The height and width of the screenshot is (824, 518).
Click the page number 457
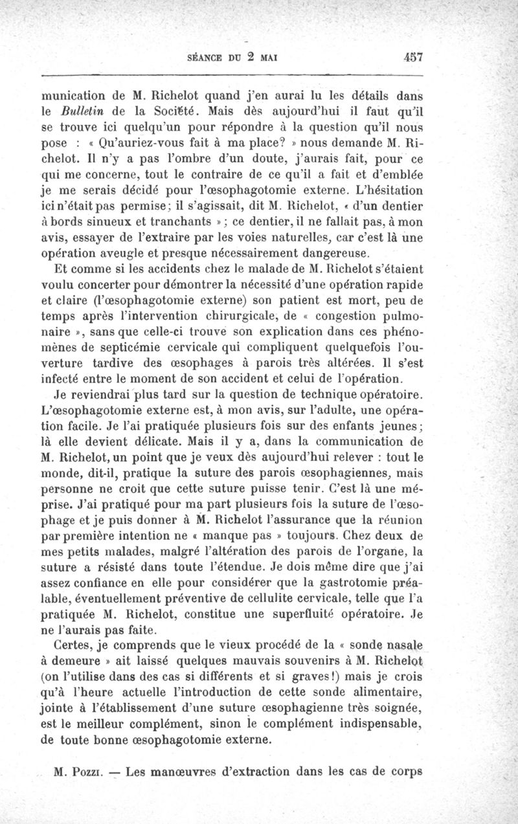coord(412,56)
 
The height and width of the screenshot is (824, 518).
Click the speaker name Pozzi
coord(96,772)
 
